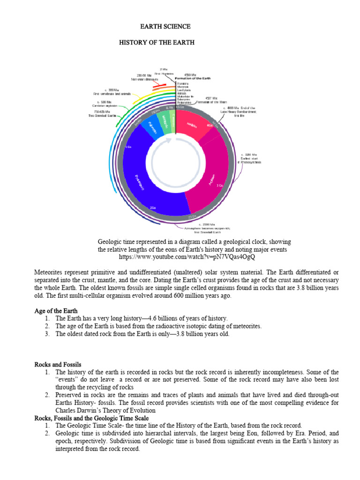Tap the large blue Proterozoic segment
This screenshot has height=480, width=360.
tap(141, 178)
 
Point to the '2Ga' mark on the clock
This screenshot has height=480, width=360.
tap(153, 207)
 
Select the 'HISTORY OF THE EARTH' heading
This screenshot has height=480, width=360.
tap(156, 43)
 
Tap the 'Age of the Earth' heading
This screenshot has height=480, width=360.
tap(56, 311)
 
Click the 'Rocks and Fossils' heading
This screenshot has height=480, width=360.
tap(58, 364)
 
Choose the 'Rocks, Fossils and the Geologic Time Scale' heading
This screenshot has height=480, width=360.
tap(91, 418)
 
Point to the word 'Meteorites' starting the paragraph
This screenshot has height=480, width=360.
tap(50, 272)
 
